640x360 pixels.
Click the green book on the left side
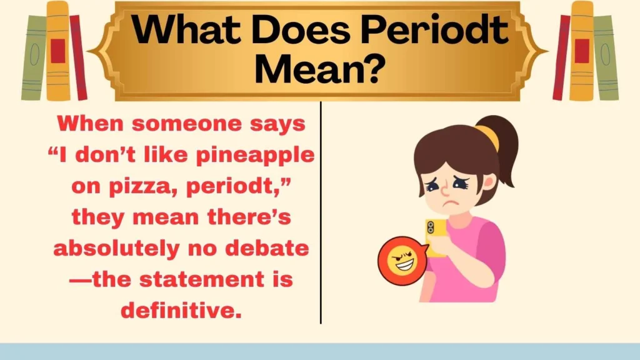pos(34,56)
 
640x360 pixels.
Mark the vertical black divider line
pos(321,212)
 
